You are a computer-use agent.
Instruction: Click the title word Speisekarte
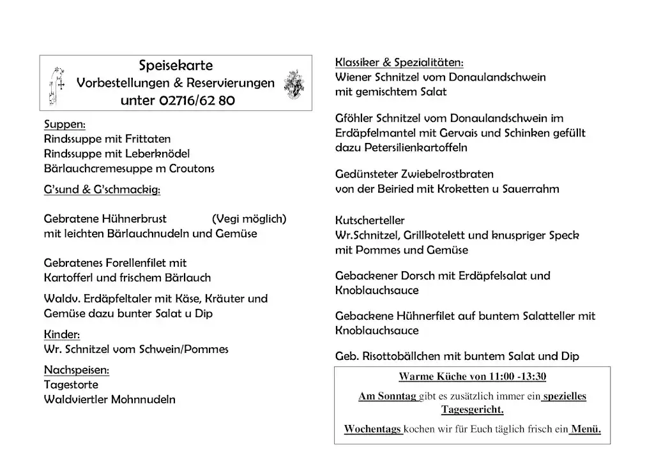tap(176, 66)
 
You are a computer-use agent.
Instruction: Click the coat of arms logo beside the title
tap(294, 83)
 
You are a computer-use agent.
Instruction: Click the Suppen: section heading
tap(65, 124)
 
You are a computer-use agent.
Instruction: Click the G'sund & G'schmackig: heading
tap(102, 190)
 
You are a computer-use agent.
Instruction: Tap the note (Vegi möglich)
tap(249, 219)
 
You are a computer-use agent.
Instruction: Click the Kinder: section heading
tap(61, 334)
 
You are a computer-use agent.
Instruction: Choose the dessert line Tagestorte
tap(71, 385)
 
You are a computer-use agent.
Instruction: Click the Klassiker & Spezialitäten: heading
tap(399, 63)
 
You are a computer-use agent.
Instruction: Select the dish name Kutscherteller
tap(369, 221)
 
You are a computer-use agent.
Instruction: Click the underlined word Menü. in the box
tap(586, 429)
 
